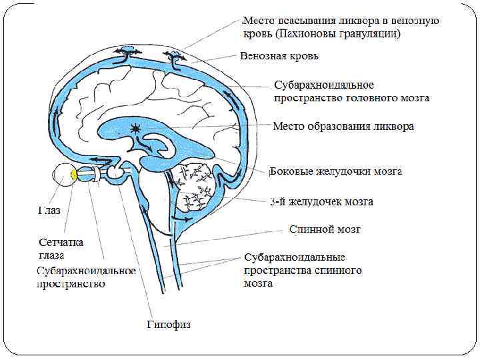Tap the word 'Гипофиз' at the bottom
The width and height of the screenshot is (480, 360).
coord(169,325)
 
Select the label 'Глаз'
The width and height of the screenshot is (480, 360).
coord(48,211)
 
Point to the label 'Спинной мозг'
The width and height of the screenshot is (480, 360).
coord(325,229)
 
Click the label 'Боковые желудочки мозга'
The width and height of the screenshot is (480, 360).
coord(335,171)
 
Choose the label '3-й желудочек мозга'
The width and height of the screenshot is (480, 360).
coord(321,201)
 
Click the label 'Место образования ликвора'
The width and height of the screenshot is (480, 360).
coord(344,126)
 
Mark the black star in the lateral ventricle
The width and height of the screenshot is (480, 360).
coord(137,129)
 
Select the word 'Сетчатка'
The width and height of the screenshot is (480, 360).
coord(59,243)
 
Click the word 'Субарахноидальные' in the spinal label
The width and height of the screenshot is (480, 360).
coord(294,257)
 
